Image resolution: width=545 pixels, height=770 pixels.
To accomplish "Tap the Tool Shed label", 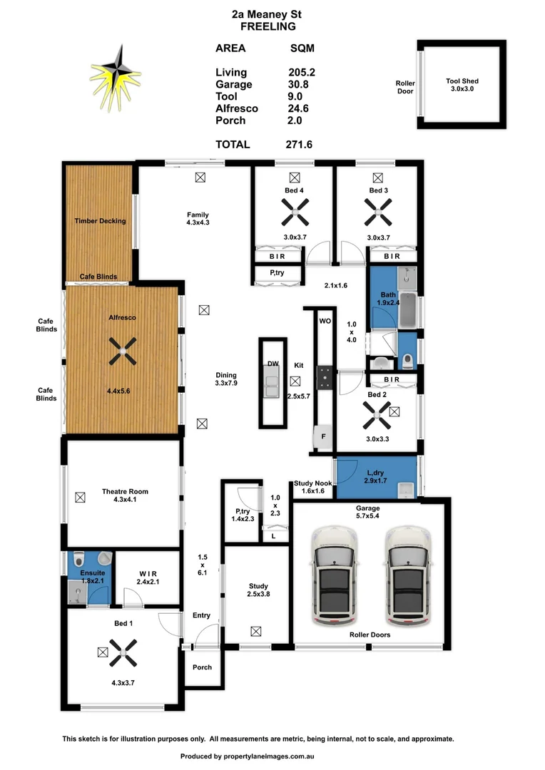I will pos(462,81).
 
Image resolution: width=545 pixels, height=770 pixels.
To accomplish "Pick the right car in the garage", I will pos(407,576).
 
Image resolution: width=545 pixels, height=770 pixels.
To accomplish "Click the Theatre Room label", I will pos(124,491).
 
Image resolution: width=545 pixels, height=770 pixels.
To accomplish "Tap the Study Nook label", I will pos(313,483).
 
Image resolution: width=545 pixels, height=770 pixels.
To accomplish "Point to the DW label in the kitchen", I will pos(272,364).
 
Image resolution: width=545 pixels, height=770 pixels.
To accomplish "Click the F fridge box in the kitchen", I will pos(323,436).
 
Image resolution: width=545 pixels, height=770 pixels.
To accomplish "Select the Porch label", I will pos(202,667).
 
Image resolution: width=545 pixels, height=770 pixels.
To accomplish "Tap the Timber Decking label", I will pos(100,221).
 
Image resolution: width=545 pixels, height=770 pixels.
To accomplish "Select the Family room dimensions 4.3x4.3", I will pos(198,222).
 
